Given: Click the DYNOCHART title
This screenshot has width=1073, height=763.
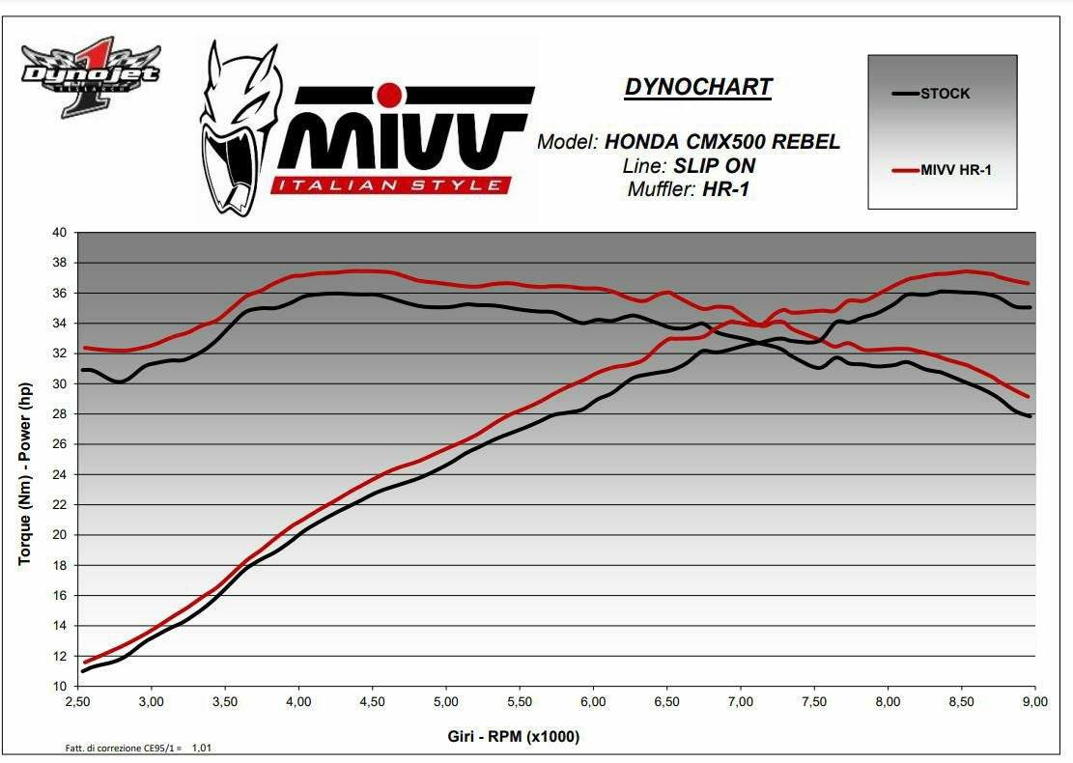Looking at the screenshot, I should click(698, 87).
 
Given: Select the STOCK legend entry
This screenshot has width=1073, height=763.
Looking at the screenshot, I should click(945, 94).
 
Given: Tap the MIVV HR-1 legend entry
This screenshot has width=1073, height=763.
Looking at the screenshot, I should click(955, 171).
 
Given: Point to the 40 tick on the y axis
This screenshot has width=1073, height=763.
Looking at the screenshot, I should click(60, 233).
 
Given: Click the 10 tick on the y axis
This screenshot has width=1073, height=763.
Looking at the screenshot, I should click(60, 687).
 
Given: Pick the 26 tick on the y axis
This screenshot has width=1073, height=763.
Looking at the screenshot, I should click(60, 444).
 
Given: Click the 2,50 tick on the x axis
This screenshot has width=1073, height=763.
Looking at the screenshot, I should click(79, 702).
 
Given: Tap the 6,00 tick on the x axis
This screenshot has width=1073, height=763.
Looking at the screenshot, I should click(593, 702).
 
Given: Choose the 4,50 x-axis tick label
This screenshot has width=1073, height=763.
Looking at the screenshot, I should click(373, 702).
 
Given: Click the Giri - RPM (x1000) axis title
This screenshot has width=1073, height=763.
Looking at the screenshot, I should click(514, 737).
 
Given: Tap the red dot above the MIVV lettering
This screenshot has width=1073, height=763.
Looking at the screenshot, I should click(388, 95).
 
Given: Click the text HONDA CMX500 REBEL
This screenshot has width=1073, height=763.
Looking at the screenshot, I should click(722, 142).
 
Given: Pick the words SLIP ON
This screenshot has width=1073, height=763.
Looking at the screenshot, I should click(715, 166).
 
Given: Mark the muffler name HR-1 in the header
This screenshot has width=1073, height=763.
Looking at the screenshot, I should click(725, 189).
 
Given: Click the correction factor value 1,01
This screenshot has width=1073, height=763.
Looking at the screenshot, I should click(202, 748).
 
